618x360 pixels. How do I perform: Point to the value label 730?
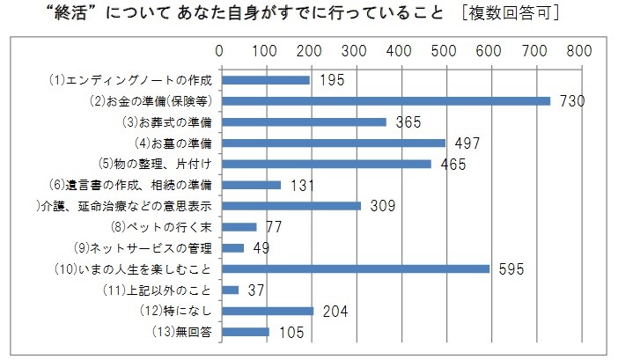pos(572,101)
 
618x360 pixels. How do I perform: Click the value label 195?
pos(332,80)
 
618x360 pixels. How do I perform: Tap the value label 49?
pos(261,247)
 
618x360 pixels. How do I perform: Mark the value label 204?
pos(335,310)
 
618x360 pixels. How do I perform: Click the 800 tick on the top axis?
pos(578,51)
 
